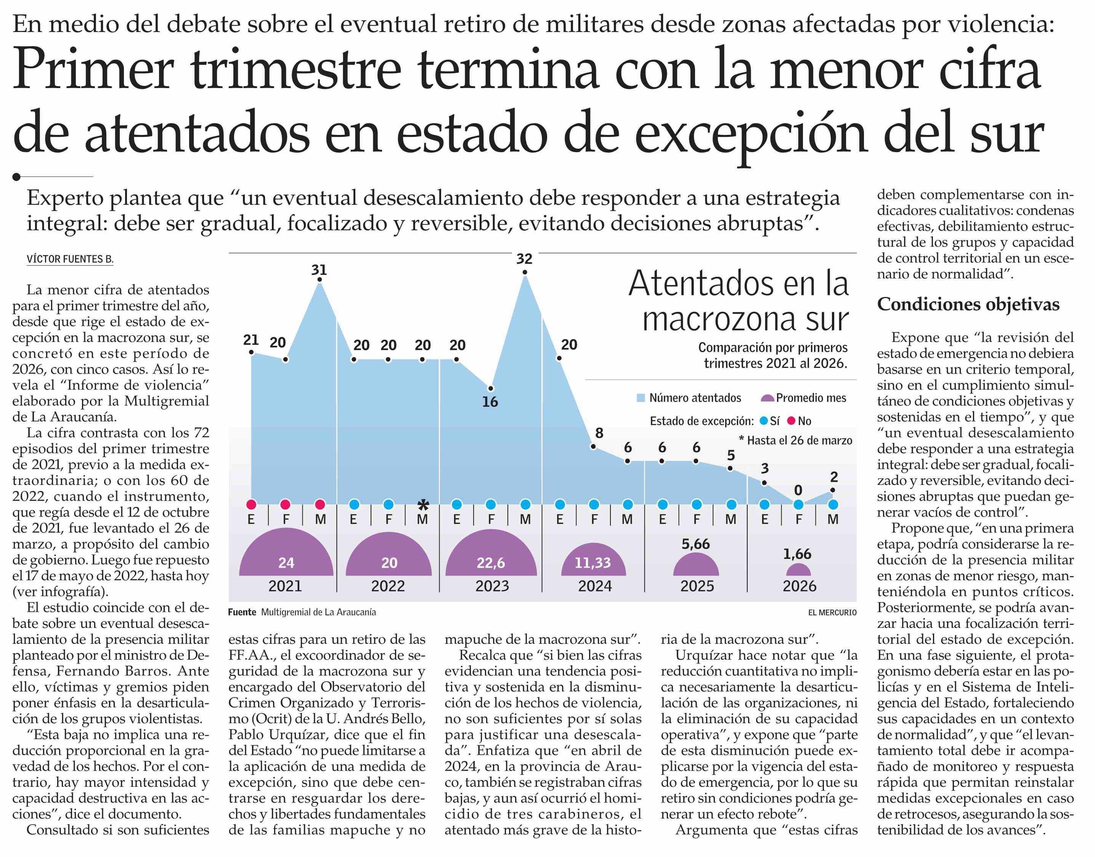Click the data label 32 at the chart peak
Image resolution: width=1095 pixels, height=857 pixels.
(524, 259)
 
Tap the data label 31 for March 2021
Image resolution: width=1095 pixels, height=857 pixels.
(319, 270)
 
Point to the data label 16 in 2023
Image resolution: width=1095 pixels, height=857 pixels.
(490, 401)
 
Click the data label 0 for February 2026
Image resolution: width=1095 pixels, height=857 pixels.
(798, 490)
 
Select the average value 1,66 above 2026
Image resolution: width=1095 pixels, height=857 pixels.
(797, 554)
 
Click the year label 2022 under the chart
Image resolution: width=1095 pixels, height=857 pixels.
(388, 586)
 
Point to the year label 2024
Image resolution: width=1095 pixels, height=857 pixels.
(595, 586)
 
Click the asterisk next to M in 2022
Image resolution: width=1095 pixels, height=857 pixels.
(423, 505)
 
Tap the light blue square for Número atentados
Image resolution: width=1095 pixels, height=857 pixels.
(641, 398)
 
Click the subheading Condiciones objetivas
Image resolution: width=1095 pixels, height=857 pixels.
(968, 305)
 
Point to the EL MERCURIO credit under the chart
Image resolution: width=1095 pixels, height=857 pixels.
(832, 613)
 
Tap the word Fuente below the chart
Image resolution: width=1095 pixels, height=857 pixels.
(242, 613)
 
